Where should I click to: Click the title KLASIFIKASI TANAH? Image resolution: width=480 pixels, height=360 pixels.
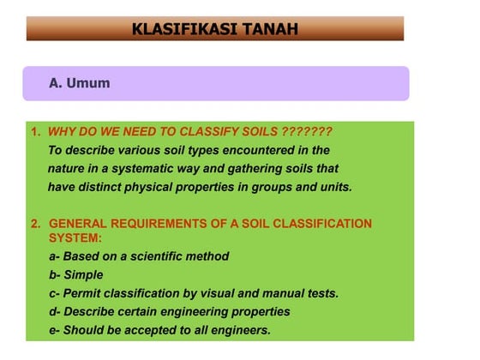tap(215, 28)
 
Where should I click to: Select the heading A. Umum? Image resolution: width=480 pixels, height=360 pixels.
tap(80, 84)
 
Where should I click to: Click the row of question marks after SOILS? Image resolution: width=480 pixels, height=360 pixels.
tap(306, 132)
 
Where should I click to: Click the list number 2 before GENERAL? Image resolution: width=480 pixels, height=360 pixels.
tap(35, 224)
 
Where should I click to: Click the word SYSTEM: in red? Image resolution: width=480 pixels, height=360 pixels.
tap(75, 237)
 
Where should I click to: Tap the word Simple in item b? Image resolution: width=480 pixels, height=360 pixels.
tap(83, 275)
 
